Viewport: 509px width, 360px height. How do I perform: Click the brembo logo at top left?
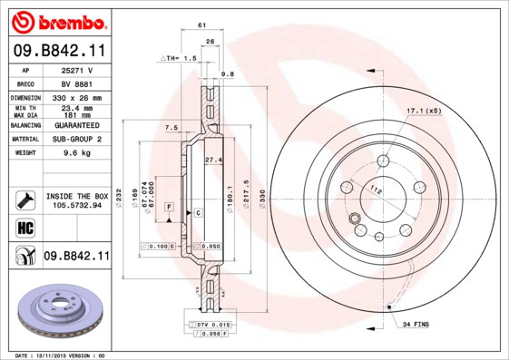[57, 22]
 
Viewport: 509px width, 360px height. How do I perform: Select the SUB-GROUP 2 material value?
[77, 139]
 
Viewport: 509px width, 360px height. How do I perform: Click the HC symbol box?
[24, 227]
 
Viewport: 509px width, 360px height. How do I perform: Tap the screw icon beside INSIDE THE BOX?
[24, 199]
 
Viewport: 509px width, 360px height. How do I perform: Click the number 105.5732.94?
[76, 206]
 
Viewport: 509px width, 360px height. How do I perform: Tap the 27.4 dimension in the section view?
[213, 160]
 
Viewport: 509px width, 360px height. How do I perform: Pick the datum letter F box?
[168, 208]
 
